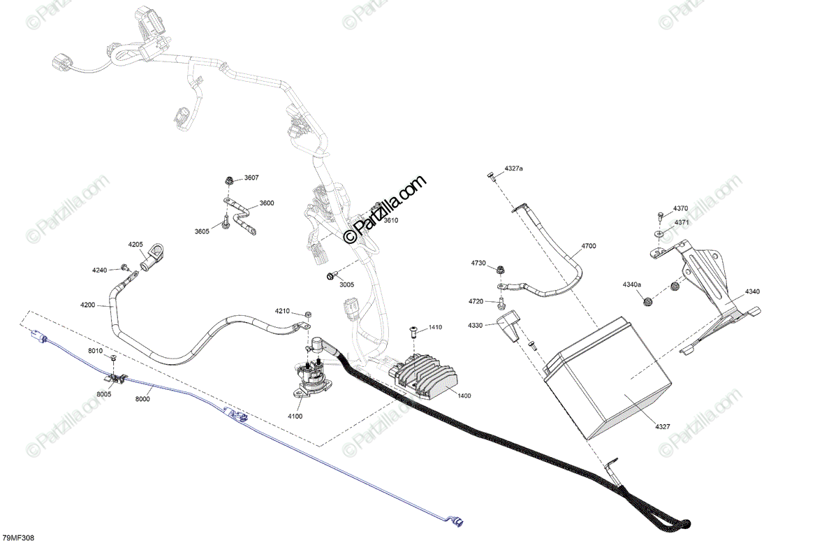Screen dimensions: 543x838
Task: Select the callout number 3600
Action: coord(267,203)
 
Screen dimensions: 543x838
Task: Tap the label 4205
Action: coord(135,245)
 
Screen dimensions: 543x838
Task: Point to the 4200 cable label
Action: coord(88,305)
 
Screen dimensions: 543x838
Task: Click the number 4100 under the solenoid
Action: coord(295,416)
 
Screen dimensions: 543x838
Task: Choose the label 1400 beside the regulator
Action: coord(464,396)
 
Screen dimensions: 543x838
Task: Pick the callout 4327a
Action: coord(513,169)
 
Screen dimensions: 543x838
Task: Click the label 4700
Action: coord(589,246)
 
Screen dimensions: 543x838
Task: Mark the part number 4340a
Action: coord(632,284)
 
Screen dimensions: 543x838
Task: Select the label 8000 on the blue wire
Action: coord(142,398)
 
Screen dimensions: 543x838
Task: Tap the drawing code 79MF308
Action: coord(18,537)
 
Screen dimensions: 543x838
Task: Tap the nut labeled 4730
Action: coord(501,269)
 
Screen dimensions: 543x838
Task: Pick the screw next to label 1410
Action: coord(413,331)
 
